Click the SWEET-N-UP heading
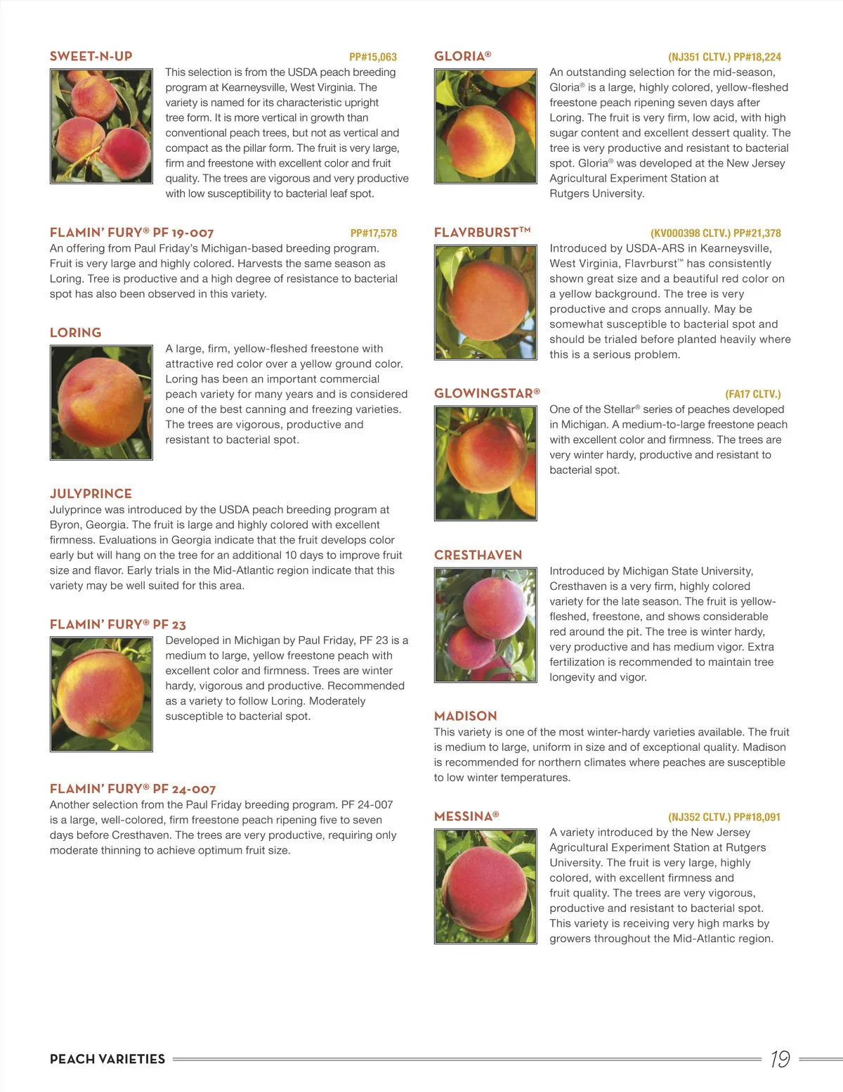point(91,56)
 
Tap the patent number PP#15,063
point(373,57)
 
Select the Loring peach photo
point(101,402)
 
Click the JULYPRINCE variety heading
point(91,494)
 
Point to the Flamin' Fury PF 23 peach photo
point(101,694)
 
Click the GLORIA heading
point(463,56)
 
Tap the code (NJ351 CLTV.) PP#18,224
point(724,57)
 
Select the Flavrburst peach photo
point(485,302)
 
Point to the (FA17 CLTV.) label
point(752,394)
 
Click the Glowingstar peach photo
point(485,463)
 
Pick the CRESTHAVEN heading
point(478,555)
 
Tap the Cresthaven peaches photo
point(485,624)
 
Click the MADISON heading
point(466,716)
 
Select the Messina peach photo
point(485,886)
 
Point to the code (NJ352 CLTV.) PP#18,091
point(724,817)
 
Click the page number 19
point(780,1059)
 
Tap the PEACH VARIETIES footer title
point(107,1059)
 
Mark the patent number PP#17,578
point(374,233)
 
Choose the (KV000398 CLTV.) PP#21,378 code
point(715,233)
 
